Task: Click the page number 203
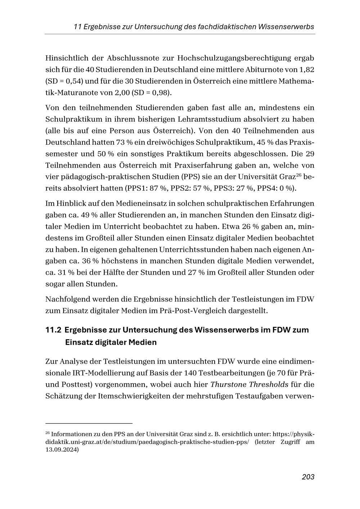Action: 308,477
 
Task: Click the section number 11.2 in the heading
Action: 53,330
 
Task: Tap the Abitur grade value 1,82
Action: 302,69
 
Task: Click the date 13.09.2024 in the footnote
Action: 62,450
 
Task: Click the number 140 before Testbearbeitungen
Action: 190,373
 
